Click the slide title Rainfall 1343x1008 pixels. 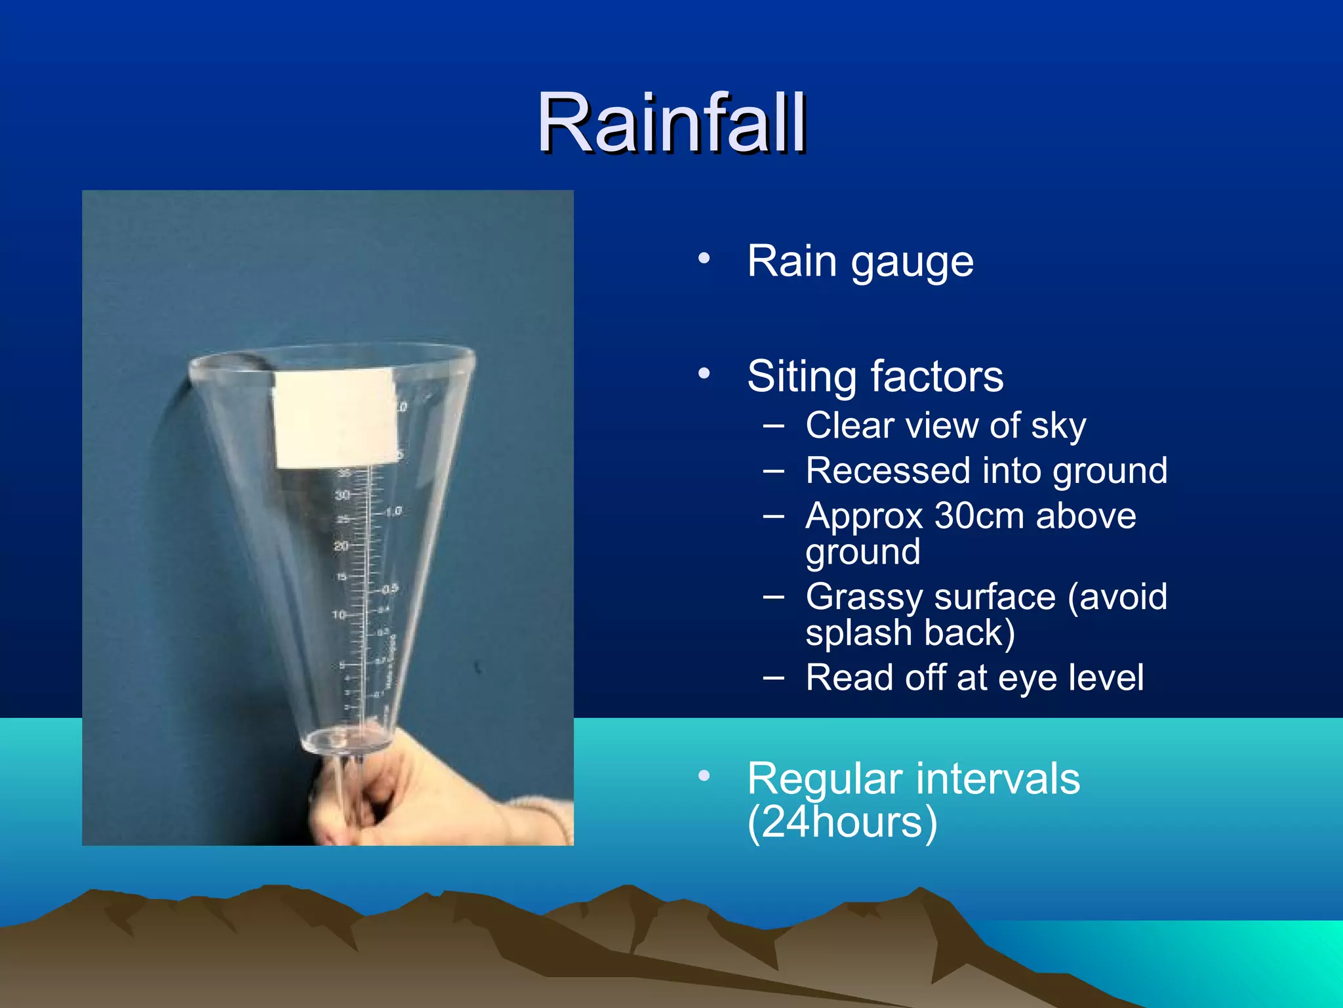[671, 123]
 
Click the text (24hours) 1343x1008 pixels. [842, 823]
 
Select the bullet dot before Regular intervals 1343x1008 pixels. [704, 776]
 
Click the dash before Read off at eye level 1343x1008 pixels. [774, 678]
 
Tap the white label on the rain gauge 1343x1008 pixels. [336, 418]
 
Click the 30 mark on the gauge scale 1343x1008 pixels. [342, 495]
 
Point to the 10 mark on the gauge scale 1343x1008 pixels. [338, 615]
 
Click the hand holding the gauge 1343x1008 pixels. [407, 794]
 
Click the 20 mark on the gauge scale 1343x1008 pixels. [340, 546]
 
